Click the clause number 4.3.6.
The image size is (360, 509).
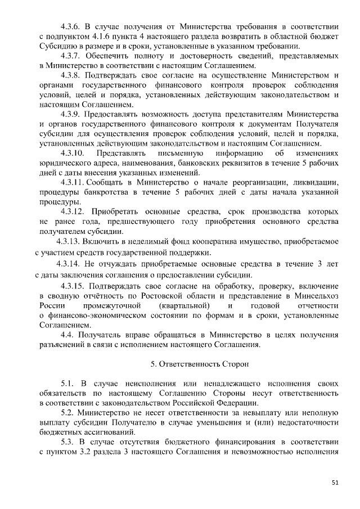[x=71, y=26]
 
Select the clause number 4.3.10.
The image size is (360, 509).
[x=73, y=153]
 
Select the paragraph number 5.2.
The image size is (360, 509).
[x=66, y=412]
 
